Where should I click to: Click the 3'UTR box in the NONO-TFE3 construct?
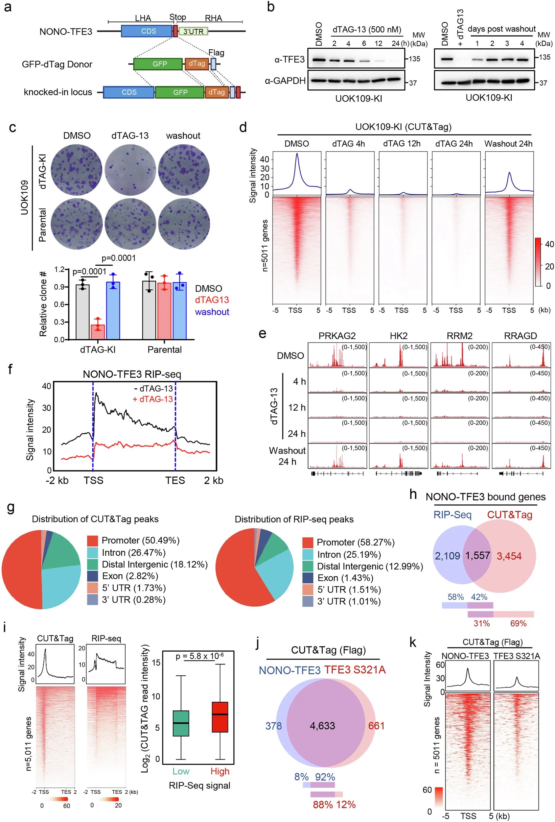(193, 32)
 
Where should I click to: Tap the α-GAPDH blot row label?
(285, 81)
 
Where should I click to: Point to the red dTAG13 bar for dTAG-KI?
(98, 331)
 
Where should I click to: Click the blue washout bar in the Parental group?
(180, 310)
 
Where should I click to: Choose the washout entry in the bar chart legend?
(212, 312)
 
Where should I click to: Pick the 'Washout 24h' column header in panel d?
(508, 144)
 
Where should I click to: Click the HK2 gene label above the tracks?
(398, 336)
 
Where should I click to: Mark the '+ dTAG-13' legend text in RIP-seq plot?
(153, 399)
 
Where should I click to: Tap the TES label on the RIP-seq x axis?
(175, 480)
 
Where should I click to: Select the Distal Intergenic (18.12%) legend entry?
(154, 564)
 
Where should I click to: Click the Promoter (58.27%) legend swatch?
(308, 542)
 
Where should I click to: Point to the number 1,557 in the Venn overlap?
(477, 555)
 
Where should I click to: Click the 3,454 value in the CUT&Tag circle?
(509, 556)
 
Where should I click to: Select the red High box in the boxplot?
(220, 716)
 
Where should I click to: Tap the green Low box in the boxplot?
(181, 723)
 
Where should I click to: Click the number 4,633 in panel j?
(322, 726)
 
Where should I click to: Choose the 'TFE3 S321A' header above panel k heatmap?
(517, 656)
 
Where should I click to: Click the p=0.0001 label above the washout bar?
(118, 258)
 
